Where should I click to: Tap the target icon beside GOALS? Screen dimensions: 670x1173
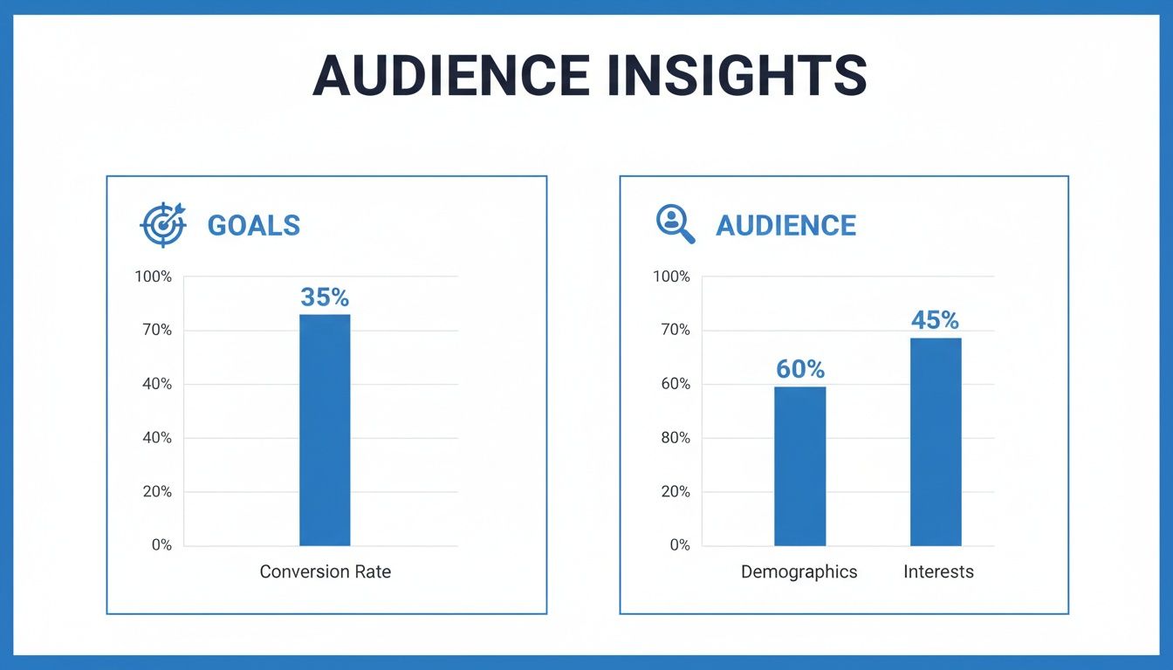click(x=163, y=225)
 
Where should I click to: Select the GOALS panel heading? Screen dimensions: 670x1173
click(x=253, y=225)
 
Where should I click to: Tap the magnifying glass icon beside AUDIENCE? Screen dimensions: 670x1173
click(x=676, y=224)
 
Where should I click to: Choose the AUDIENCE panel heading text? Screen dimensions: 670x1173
click(x=785, y=225)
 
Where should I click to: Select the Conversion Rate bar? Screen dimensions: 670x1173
click(x=325, y=430)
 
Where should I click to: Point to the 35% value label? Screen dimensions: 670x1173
click(x=325, y=297)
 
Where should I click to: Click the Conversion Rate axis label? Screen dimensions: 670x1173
click(x=326, y=572)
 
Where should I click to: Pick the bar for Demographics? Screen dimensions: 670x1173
click(x=799, y=466)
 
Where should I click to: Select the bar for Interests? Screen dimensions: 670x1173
click(x=936, y=441)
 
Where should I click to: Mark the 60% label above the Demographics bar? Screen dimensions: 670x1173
click(x=799, y=370)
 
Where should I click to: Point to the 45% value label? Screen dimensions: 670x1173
click(x=935, y=321)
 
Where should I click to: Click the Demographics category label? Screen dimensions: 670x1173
click(x=799, y=572)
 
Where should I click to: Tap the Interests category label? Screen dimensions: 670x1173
click(x=938, y=572)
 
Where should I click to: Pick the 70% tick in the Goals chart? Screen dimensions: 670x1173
click(x=156, y=331)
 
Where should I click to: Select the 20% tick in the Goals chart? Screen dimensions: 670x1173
click(x=156, y=492)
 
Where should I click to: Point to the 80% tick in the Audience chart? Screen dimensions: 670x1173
click(x=674, y=438)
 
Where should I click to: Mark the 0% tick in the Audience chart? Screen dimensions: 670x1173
click(x=680, y=545)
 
